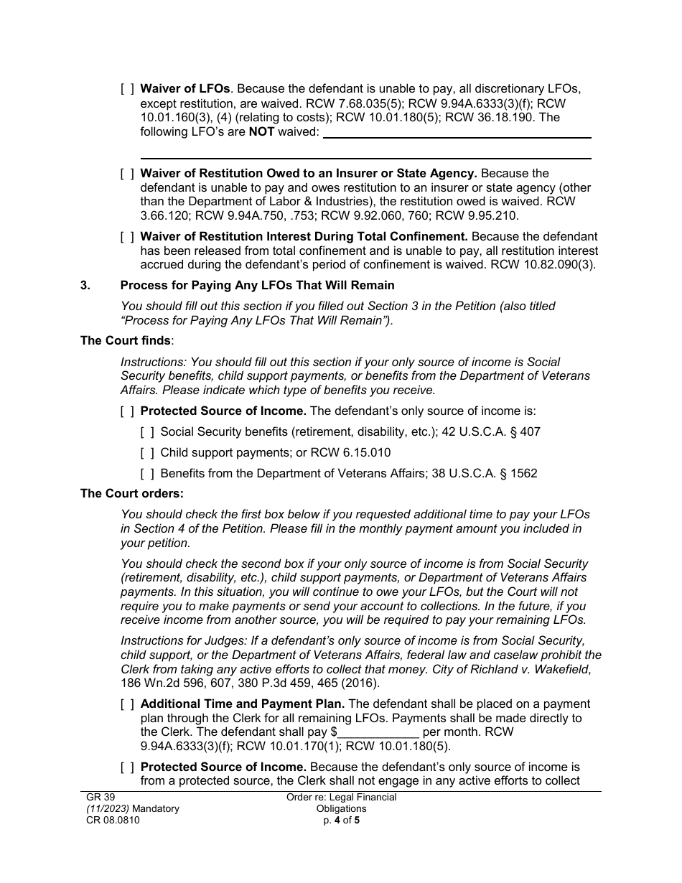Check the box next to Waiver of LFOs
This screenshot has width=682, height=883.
tap(127, 89)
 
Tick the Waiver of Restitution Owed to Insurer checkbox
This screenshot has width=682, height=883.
tap(127, 174)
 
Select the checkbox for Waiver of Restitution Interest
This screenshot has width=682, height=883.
tap(127, 237)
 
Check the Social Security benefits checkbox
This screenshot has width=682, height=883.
tap(147, 432)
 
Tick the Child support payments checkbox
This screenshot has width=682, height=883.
tap(147, 453)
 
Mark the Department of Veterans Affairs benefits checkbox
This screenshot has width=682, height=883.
tap(147, 474)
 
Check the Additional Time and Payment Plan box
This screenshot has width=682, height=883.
tap(127, 704)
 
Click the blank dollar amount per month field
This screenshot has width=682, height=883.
tap(378, 733)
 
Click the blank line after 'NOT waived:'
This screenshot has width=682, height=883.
tap(457, 133)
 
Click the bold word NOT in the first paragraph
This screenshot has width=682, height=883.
tap(261, 132)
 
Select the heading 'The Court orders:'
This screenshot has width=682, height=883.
tap(132, 494)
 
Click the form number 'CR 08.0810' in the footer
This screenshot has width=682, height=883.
tap(110, 821)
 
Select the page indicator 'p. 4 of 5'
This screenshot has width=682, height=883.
tap(341, 821)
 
